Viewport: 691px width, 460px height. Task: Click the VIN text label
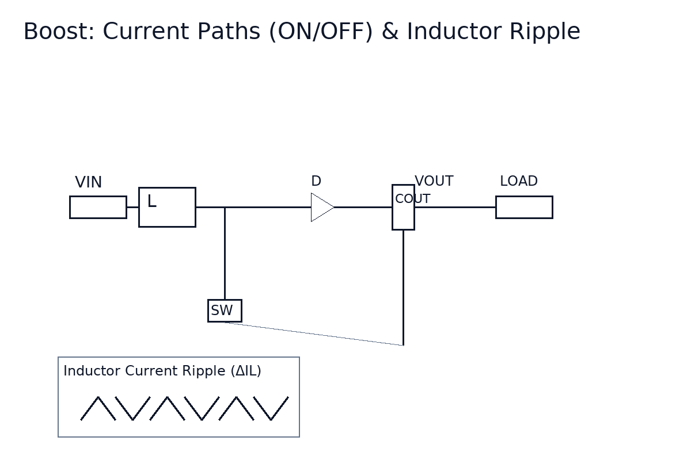[88, 183]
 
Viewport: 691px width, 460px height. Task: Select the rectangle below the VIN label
[98, 207]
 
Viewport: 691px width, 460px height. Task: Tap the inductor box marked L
[167, 207]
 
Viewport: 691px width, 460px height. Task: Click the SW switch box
[225, 310]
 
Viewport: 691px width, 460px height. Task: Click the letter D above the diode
[316, 182]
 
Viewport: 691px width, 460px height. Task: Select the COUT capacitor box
[403, 216]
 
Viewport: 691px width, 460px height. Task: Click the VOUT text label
[434, 182]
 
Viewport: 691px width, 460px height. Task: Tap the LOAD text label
[518, 182]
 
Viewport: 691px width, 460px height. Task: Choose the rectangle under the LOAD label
[524, 207]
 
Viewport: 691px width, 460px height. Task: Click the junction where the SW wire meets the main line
[225, 207]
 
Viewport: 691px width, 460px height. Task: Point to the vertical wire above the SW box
[225, 253]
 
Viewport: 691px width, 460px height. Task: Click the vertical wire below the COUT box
[403, 287]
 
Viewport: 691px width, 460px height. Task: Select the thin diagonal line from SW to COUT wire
[314, 334]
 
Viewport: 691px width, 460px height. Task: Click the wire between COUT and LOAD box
[455, 207]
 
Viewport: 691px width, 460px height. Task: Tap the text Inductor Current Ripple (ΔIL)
[162, 371]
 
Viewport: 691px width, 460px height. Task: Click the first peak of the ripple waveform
[98, 397]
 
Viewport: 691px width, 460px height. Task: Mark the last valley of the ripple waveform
[271, 420]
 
